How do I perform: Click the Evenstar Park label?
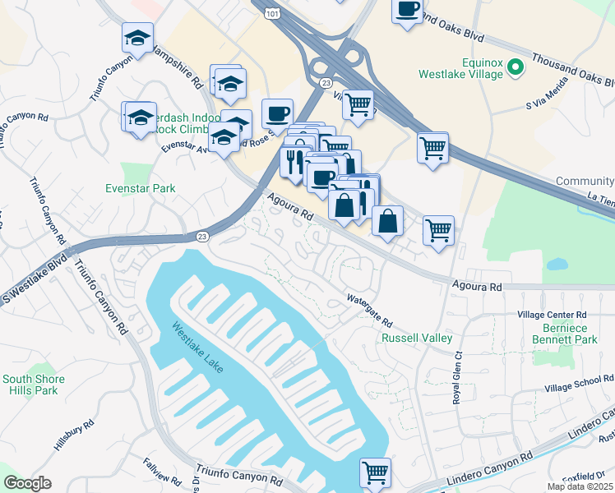pos(141,188)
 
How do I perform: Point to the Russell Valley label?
pos(412,338)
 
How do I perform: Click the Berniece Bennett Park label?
pos(558,333)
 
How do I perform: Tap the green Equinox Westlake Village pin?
pos(516,67)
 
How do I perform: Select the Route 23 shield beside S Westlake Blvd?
pos(203,237)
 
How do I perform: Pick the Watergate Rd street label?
pos(369,310)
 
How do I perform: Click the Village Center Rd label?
pos(551,315)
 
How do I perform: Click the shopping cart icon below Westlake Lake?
pos(375,472)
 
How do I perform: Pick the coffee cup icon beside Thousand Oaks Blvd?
pos(407,10)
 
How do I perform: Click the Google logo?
pos(27,483)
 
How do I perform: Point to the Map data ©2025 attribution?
pos(580,486)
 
